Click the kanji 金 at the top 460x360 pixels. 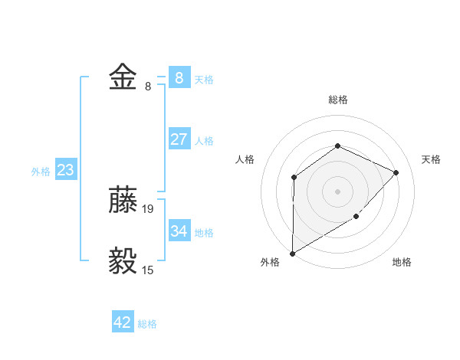(123, 77)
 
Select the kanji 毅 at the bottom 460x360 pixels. (123, 261)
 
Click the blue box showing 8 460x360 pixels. (179, 77)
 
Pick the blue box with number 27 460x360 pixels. (179, 139)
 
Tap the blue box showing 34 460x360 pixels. (179, 231)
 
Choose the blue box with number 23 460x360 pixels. (65, 170)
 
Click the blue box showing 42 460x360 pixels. (123, 322)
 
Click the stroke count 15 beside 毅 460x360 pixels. (148, 270)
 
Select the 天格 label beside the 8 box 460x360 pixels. (204, 79)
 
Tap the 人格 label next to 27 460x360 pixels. (204, 141)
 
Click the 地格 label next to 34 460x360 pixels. (204, 232)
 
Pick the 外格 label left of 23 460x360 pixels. (41, 172)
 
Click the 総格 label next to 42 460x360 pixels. (147, 324)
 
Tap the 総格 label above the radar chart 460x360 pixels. (337, 100)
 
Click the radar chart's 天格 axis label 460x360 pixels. (432, 159)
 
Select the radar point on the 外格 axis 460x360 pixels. (292, 253)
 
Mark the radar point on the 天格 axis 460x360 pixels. (396, 172)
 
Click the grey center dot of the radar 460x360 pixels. (337, 191)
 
